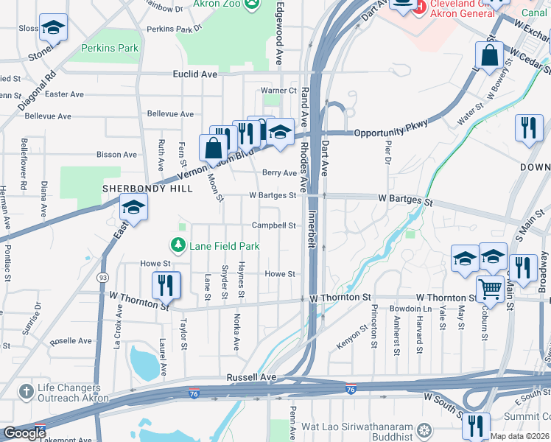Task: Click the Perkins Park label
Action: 110,48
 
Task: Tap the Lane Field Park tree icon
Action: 178,245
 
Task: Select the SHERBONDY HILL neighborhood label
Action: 147,189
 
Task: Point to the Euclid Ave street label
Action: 195,74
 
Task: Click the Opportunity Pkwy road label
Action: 390,132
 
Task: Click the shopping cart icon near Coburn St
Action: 489,289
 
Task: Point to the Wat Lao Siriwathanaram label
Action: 359,427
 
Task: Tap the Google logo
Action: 24,433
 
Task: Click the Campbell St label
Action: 274,225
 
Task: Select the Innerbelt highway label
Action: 312,231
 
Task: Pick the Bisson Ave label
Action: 117,155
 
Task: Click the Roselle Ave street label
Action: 71,341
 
